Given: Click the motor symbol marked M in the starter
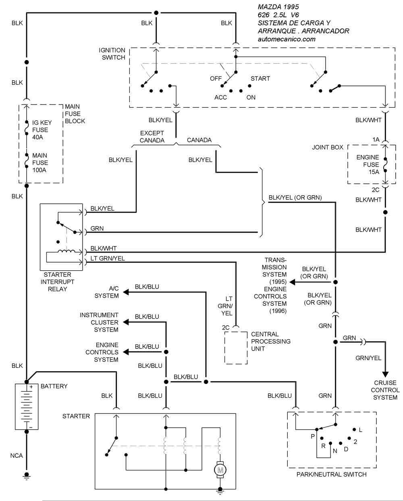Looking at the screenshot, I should [x=220, y=469].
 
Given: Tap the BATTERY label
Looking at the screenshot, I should [x=54, y=386].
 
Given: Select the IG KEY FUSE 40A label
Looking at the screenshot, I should [x=40, y=130].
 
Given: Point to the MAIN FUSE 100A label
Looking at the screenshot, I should [x=40, y=163].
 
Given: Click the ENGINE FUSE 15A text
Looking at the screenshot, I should [x=368, y=164].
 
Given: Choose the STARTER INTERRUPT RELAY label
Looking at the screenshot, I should [x=57, y=282].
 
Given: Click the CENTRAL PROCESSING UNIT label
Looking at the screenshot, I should [x=270, y=341].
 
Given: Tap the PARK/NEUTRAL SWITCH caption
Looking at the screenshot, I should [x=331, y=474].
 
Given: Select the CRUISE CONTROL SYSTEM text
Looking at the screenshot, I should [x=385, y=390].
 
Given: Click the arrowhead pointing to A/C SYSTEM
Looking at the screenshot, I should [x=126, y=292].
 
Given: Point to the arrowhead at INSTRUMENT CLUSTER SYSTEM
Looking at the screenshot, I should [x=126, y=322].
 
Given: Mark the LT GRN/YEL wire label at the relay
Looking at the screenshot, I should [x=108, y=259].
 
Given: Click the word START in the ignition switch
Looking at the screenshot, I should [x=260, y=78].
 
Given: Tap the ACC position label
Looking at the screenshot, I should [x=220, y=97].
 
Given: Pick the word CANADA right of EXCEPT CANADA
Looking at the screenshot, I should [x=199, y=140].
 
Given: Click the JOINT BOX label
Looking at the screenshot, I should [x=328, y=147].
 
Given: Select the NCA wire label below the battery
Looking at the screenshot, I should [x=17, y=455].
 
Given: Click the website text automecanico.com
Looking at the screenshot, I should [x=286, y=39].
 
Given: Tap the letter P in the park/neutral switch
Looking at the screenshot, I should [x=312, y=436].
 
